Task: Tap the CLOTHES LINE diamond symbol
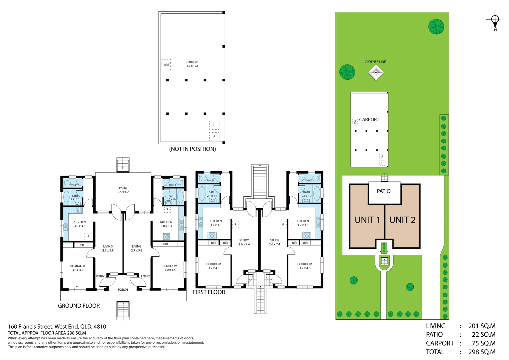pyautogui.click(x=376, y=73)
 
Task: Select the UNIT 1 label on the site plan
pyautogui.click(x=367, y=220)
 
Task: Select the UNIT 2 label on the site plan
pyautogui.click(x=402, y=220)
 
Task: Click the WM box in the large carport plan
pyautogui.click(x=166, y=65)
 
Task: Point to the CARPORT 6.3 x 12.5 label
pyautogui.click(x=193, y=64)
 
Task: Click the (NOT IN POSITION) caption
pyautogui.click(x=193, y=149)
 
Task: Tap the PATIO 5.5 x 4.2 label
pyautogui.click(x=123, y=190)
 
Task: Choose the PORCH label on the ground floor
pyautogui.click(x=123, y=290)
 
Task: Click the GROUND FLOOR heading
pyautogui.click(x=79, y=306)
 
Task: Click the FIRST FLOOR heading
pyautogui.click(x=209, y=292)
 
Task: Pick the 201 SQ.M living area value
pyautogui.click(x=482, y=326)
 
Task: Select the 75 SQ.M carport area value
pyautogui.click(x=483, y=343)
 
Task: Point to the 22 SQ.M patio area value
pyautogui.click(x=483, y=335)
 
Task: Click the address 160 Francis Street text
pyautogui.click(x=57, y=327)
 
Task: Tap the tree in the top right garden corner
pyautogui.click(x=436, y=27)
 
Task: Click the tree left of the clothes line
pyautogui.click(x=347, y=72)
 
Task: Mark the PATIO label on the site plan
pyautogui.click(x=384, y=191)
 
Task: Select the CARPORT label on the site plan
pyautogui.click(x=369, y=120)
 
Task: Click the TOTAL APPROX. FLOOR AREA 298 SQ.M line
pyautogui.click(x=47, y=333)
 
